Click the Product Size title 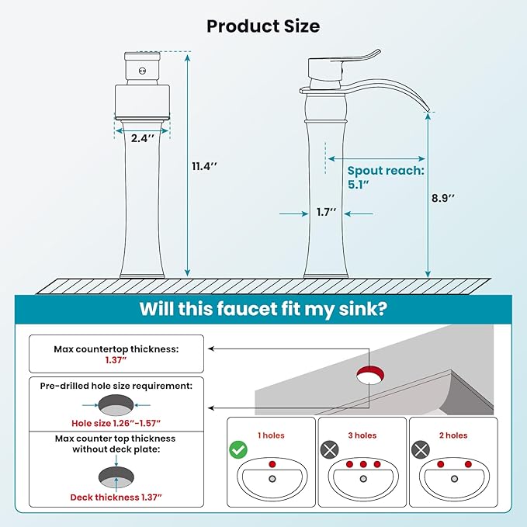pyautogui.click(x=263, y=26)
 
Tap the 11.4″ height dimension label pyautogui.click(x=204, y=166)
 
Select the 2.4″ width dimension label pyautogui.click(x=143, y=138)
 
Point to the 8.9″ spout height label pyautogui.click(x=443, y=198)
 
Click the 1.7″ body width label pyautogui.click(x=326, y=212)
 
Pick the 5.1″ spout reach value pyautogui.click(x=359, y=185)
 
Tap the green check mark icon pyautogui.click(x=238, y=449)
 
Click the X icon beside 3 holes pyautogui.click(x=329, y=449)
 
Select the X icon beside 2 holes pyautogui.click(x=421, y=449)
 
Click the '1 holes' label pyautogui.click(x=271, y=435)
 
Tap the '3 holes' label pyautogui.click(x=362, y=435)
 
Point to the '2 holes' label pyautogui.click(x=453, y=435)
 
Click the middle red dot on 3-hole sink pyautogui.click(x=363, y=464)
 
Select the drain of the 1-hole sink pyautogui.click(x=272, y=479)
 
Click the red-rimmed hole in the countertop pyautogui.click(x=370, y=375)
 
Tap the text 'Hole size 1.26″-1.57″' pyautogui.click(x=116, y=423)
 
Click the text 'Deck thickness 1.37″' pyautogui.click(x=116, y=497)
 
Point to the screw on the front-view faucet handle pyautogui.click(x=142, y=71)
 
